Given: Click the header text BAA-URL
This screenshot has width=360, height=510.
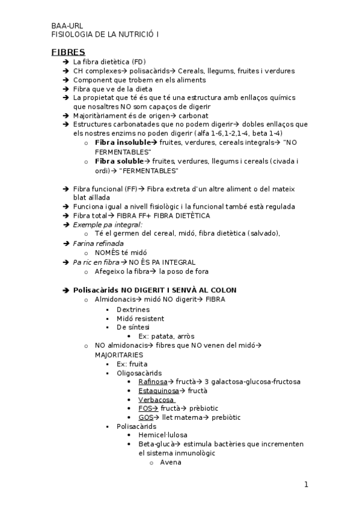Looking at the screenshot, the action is click(x=67, y=26).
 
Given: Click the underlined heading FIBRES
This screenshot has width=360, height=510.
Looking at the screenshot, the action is click(x=68, y=52).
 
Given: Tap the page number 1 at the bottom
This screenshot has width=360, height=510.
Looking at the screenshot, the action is click(x=306, y=485).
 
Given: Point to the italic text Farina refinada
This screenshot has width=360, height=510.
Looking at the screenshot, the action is click(x=98, y=243).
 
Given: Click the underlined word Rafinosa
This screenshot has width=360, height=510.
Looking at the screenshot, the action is click(x=153, y=381).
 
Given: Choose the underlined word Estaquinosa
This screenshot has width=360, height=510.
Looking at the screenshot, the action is click(x=159, y=390).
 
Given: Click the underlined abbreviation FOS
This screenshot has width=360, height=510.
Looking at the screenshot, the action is click(x=145, y=408).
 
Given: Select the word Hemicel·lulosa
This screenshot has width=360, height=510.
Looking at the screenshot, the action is click(x=162, y=435).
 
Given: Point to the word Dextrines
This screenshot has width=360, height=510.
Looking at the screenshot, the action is click(x=133, y=309).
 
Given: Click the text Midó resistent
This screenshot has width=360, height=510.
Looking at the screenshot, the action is click(x=140, y=318).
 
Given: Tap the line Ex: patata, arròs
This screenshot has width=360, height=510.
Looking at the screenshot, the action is click(x=166, y=336).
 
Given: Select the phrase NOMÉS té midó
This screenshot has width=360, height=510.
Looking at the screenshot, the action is click(x=121, y=253).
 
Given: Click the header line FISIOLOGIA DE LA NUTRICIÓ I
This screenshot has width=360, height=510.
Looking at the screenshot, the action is click(x=105, y=35).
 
